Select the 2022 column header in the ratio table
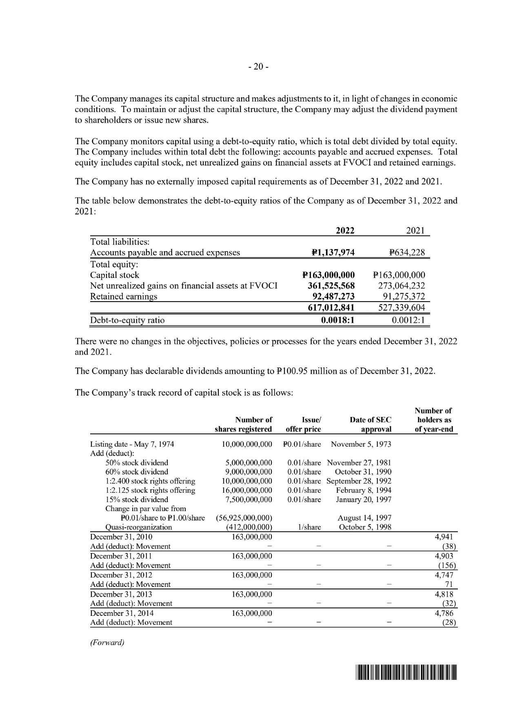(344, 231)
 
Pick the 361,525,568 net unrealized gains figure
(331, 286)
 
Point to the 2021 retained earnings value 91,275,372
(402, 296)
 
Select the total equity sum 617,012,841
(331, 307)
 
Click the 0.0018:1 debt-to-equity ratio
(338, 320)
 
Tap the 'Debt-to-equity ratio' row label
(127, 320)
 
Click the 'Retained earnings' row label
(123, 296)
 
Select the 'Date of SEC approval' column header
(370, 424)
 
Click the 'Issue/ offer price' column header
(304, 424)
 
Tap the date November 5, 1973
(361, 444)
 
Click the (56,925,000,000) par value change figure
(244, 518)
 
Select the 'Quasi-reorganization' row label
(138, 527)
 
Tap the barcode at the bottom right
(406, 673)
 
